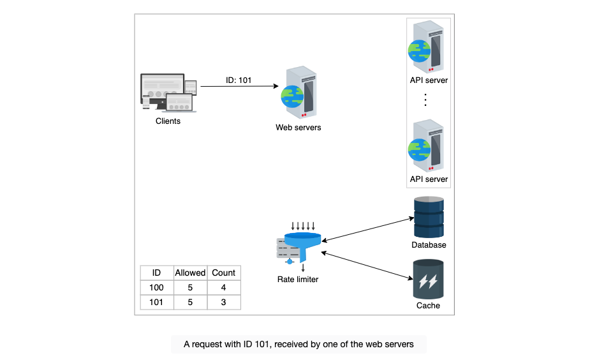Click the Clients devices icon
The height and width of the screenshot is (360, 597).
point(168,93)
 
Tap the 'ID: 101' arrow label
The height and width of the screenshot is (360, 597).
point(239,80)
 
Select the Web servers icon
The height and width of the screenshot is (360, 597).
point(299,92)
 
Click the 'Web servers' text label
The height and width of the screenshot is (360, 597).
point(298,128)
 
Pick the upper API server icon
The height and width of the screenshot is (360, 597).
point(426,47)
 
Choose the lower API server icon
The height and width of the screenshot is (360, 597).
point(426,146)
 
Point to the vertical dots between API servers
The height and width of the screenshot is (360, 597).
point(425,100)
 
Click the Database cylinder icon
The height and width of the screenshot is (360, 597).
point(429,217)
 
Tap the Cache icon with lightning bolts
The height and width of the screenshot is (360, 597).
point(429,279)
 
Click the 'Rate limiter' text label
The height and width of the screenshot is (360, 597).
point(298,279)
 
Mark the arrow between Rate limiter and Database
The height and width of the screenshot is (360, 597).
point(368,229)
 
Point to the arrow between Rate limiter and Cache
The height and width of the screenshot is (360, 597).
point(367,266)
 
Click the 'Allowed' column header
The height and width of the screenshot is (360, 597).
point(190,273)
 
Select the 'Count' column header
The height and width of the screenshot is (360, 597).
point(224,273)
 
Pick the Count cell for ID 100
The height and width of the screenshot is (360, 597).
point(224,288)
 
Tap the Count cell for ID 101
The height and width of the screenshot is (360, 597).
point(224,302)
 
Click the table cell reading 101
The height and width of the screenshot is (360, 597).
point(156,302)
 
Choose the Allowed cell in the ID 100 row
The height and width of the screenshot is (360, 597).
point(190,288)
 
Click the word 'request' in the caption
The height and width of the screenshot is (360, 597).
point(207,345)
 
